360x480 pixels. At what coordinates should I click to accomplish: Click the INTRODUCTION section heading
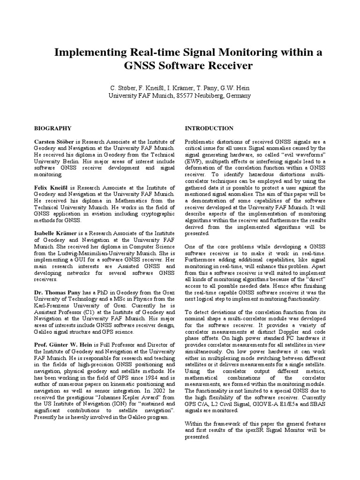(209, 128)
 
